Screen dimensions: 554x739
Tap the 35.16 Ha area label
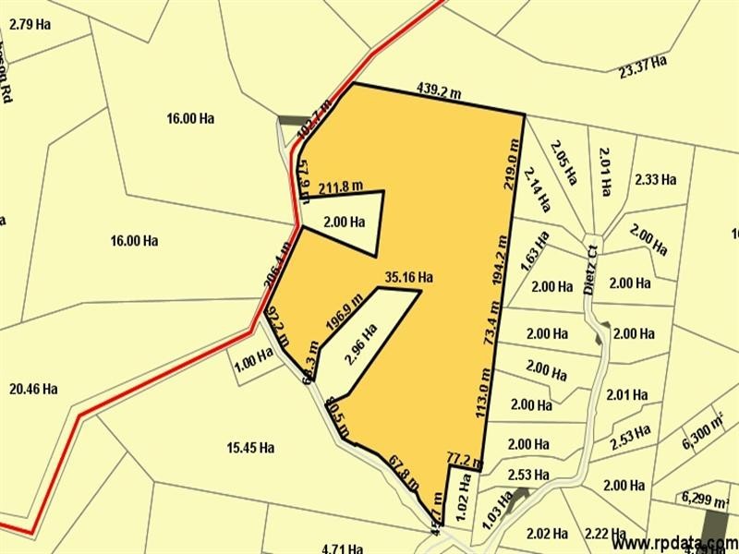tap(411, 276)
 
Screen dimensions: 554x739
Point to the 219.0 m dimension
tap(509, 163)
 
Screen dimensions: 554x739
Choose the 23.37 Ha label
tap(643, 67)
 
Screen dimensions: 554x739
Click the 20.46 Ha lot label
tap(34, 389)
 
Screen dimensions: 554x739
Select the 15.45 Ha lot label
tap(250, 448)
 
